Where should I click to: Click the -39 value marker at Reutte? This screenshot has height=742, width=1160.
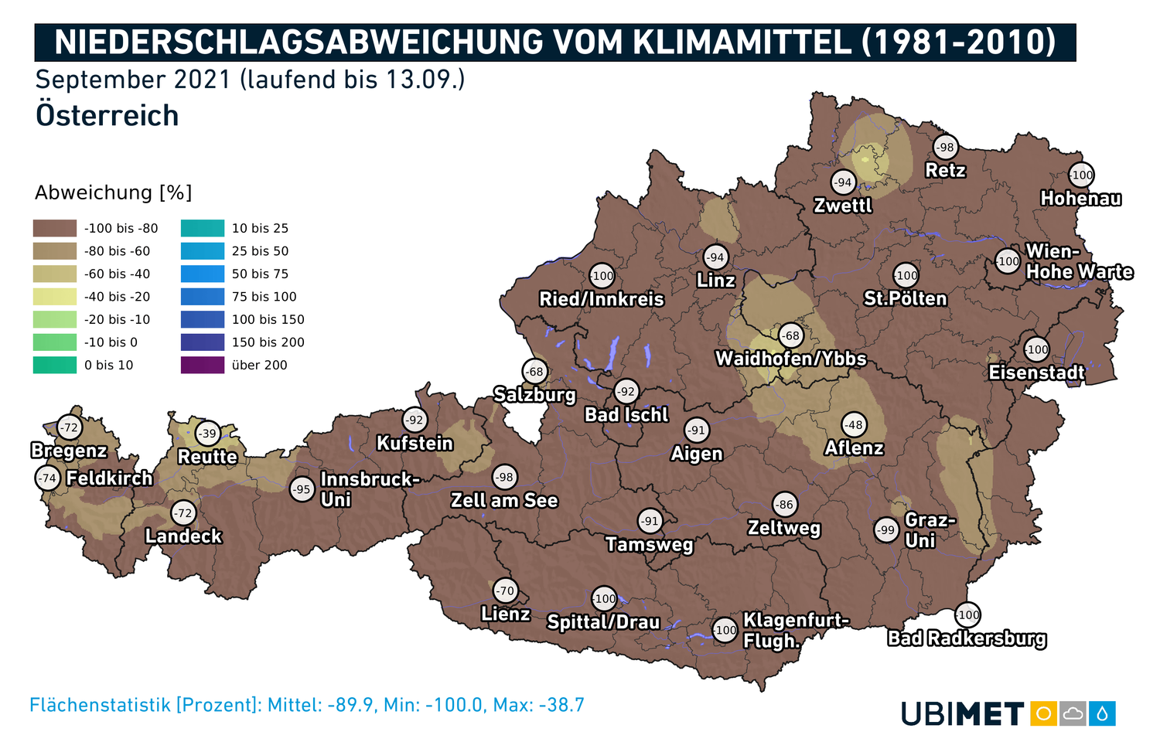(x=207, y=434)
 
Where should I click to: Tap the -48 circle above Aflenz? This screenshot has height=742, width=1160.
(x=853, y=425)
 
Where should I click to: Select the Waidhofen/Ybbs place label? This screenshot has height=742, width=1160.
(x=790, y=359)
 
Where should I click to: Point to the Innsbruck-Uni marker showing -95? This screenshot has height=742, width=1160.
(x=302, y=489)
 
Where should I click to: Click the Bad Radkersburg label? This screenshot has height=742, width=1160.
(x=967, y=638)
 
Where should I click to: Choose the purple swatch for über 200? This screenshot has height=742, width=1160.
(x=203, y=365)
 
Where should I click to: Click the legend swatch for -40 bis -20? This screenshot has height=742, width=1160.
(x=55, y=297)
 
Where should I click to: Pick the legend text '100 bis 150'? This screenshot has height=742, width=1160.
(x=268, y=319)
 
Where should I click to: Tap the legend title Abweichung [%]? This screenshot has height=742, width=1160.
(x=113, y=192)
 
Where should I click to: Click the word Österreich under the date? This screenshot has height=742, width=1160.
(x=107, y=116)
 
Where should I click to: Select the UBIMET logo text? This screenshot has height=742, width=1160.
(x=963, y=714)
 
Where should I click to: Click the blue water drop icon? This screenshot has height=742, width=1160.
(x=1102, y=713)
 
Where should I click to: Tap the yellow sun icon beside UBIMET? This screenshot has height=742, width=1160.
(x=1043, y=713)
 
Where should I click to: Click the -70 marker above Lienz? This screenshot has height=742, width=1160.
(x=505, y=591)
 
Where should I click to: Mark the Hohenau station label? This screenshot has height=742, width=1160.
(x=1080, y=199)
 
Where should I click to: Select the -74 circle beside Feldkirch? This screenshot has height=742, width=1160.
(x=48, y=478)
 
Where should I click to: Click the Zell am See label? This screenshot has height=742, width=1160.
(x=504, y=501)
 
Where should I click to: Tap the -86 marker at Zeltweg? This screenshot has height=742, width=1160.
(x=784, y=505)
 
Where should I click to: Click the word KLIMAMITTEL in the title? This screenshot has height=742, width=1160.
(x=742, y=43)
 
